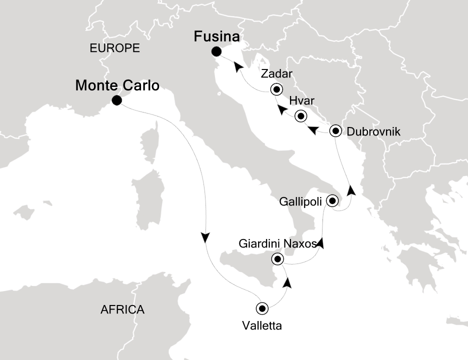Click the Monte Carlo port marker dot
[x=116, y=100]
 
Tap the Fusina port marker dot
[x=216, y=51]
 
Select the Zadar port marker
[x=276, y=90]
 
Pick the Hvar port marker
[x=300, y=116]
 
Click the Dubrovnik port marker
[x=336, y=131]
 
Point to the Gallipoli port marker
[x=331, y=201]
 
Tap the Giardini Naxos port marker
[x=276, y=259]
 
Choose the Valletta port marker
[x=262, y=308]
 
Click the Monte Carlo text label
[x=117, y=85]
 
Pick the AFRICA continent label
[x=122, y=309]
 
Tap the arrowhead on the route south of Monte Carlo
[x=205, y=237]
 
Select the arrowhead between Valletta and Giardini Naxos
[x=287, y=283]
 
